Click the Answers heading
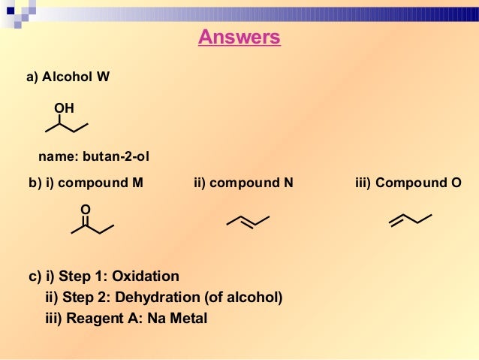point(239,37)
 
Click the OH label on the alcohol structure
point(64,109)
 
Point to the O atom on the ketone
point(85,208)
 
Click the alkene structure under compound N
point(247,220)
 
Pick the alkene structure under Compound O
point(410,219)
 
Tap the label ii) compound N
point(243,183)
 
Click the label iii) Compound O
point(408,183)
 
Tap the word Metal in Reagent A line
point(188,318)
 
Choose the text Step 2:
point(85,297)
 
